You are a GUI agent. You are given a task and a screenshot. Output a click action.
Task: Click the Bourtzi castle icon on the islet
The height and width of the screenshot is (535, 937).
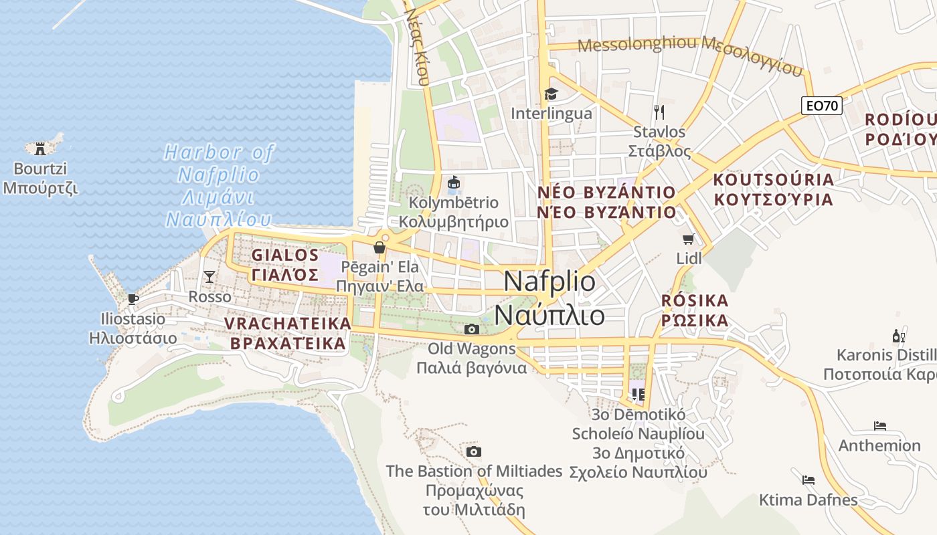click(x=40, y=147)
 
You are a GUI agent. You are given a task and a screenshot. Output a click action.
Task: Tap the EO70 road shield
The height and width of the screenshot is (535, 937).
click(x=821, y=105)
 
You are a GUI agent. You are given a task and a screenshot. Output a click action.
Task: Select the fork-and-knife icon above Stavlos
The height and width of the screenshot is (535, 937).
click(x=659, y=112)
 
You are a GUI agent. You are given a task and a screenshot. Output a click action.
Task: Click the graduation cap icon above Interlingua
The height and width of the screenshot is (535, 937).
click(x=551, y=94)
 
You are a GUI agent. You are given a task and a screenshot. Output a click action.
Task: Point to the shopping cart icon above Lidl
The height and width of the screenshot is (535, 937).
click(x=688, y=239)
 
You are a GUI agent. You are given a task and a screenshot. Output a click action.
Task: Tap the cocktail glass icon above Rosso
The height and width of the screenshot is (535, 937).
click(x=209, y=276)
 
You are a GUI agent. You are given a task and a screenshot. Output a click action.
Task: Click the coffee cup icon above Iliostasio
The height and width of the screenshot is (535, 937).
click(x=133, y=298)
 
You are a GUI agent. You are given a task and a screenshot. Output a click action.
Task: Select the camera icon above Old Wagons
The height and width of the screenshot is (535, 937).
click(x=472, y=329)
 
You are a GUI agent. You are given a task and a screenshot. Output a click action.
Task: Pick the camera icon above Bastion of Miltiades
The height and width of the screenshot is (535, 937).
click(x=473, y=451)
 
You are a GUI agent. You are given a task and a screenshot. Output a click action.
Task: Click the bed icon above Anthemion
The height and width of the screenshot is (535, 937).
click(x=879, y=425)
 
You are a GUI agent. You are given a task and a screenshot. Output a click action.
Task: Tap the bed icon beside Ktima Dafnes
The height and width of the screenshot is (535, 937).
click(x=808, y=479)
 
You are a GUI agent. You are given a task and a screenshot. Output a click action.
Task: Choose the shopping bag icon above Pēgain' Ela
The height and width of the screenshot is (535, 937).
click(x=379, y=248)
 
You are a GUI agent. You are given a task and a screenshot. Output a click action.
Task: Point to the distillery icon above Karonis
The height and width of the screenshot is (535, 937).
click(x=898, y=335)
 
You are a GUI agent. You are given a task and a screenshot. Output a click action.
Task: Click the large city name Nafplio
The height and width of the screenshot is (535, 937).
click(x=549, y=281)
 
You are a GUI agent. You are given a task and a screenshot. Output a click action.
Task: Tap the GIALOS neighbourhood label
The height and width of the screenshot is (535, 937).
click(x=285, y=255)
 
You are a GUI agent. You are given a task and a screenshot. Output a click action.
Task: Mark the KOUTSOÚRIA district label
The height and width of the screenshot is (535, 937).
click(x=773, y=180)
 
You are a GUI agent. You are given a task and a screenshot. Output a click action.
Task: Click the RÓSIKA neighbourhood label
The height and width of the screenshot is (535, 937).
click(x=695, y=300)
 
